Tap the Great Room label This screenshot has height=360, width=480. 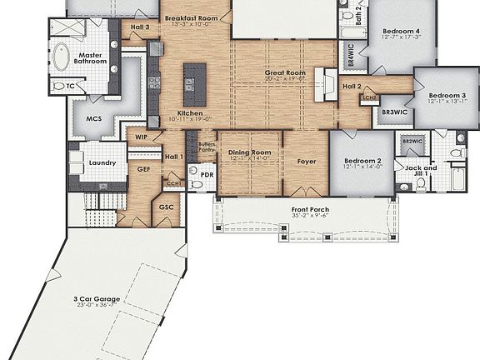[x=286, y=73]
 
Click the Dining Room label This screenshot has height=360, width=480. [x=250, y=152]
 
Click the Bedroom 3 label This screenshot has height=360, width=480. [x=447, y=96]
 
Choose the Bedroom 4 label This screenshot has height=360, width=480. [x=402, y=31]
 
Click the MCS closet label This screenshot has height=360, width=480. [x=93, y=119]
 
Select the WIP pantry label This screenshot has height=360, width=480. [x=142, y=135]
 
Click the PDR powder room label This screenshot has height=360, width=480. [x=207, y=177]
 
